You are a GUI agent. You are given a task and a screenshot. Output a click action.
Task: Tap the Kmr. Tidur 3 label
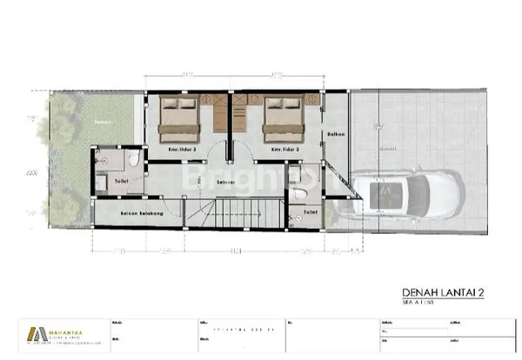[x=181, y=150]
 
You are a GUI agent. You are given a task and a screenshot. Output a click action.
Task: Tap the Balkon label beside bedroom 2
[x=336, y=135]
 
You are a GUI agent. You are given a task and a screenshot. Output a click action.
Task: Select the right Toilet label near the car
[x=311, y=210]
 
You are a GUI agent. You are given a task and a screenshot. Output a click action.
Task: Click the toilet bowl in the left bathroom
[x=131, y=163]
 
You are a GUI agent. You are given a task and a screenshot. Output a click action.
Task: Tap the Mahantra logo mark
[x=35, y=335]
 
